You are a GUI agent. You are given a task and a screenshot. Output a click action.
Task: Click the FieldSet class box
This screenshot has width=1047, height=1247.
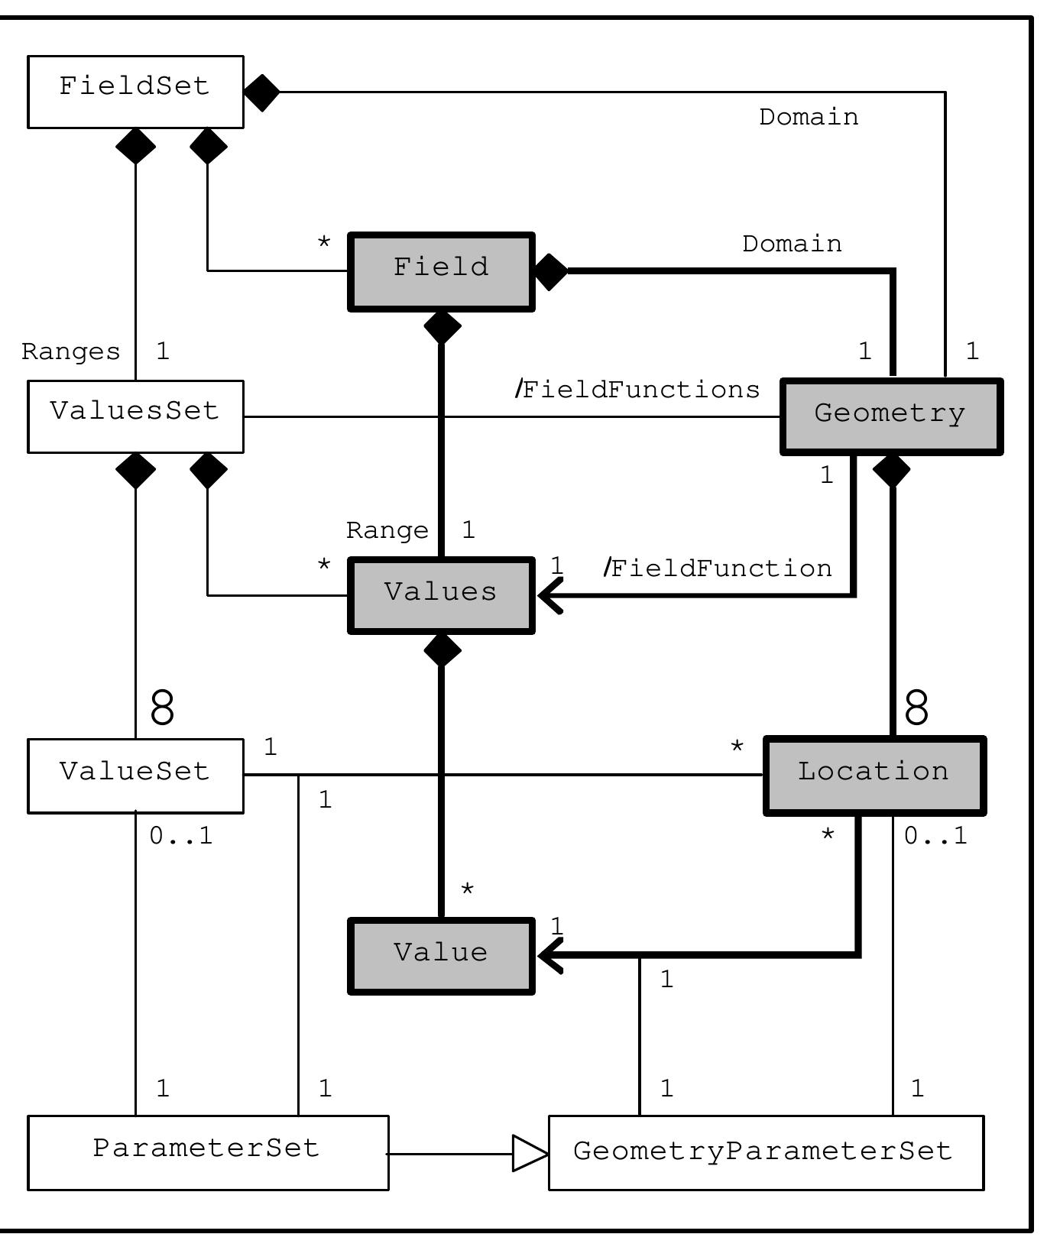coord(135,91)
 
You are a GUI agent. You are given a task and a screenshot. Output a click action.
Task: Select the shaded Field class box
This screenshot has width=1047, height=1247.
coord(441,271)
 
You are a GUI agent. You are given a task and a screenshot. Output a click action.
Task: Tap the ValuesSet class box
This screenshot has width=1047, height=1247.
coord(135,416)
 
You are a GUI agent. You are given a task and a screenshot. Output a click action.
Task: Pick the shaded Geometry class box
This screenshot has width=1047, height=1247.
coord(891,416)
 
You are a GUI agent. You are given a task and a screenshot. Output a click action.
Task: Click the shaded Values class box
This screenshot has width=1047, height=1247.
coord(441,595)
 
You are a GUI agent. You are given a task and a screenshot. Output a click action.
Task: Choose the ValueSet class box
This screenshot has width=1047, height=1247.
coord(135,775)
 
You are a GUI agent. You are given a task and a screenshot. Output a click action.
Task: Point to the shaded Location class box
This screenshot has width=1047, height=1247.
coord(874,775)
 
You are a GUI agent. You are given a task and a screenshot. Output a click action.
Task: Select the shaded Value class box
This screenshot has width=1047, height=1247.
coord(441,955)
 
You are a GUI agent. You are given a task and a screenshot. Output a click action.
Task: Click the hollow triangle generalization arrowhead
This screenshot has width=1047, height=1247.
coord(530,1153)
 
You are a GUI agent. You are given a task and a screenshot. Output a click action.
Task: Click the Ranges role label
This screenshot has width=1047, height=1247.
coord(71,351)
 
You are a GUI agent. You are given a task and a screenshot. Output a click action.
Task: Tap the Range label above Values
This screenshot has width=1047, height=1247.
coord(387,530)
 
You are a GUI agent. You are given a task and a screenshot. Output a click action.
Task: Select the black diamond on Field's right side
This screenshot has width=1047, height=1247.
coord(551,271)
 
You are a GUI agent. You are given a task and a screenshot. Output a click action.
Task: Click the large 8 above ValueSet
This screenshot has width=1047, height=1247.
coord(162,707)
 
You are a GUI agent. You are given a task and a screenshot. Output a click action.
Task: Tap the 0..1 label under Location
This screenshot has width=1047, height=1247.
coord(935,836)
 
